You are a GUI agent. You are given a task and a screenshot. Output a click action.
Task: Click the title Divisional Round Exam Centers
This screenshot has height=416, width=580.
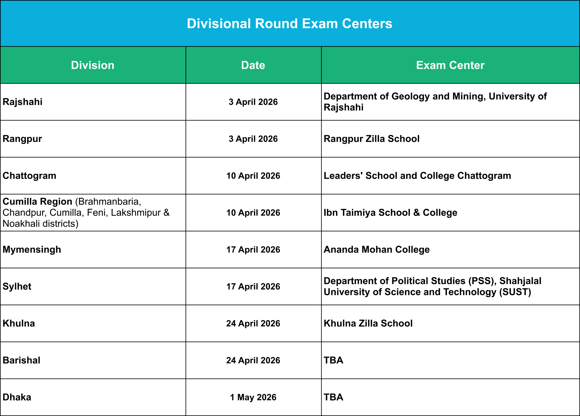(x=290, y=24)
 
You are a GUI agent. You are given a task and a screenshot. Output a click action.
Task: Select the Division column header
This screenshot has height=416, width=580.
(x=93, y=65)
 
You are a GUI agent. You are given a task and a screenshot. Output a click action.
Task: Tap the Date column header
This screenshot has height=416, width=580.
(x=253, y=65)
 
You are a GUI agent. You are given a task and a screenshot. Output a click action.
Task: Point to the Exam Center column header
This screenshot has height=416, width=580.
(x=450, y=65)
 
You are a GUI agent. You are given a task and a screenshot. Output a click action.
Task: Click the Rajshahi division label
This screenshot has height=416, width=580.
(x=22, y=102)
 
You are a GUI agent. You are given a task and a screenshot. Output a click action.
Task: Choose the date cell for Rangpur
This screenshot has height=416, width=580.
(x=253, y=139)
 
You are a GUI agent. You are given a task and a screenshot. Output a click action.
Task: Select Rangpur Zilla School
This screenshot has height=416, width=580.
(x=372, y=139)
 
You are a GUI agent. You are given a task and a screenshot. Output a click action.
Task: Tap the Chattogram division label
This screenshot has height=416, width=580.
(x=29, y=176)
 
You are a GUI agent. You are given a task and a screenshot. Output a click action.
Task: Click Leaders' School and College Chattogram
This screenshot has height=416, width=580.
(x=417, y=176)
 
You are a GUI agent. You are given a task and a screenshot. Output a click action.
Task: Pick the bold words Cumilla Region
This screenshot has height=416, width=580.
(x=37, y=202)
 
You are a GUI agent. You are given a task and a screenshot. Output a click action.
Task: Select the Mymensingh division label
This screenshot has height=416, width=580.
(x=32, y=250)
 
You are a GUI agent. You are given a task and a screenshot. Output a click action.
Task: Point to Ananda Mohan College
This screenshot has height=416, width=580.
(x=377, y=250)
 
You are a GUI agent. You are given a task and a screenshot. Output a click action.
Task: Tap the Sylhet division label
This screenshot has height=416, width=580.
(x=17, y=287)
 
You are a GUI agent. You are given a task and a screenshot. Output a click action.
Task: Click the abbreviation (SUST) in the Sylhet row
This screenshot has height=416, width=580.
(x=515, y=292)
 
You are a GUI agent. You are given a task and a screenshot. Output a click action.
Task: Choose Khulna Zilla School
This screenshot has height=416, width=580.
(x=368, y=323)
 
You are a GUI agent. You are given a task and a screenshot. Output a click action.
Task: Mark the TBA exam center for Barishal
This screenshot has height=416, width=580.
(x=333, y=360)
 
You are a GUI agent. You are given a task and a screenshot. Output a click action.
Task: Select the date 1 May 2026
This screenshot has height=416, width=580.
(x=253, y=397)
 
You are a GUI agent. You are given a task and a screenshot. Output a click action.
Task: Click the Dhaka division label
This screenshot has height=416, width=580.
(x=17, y=397)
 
